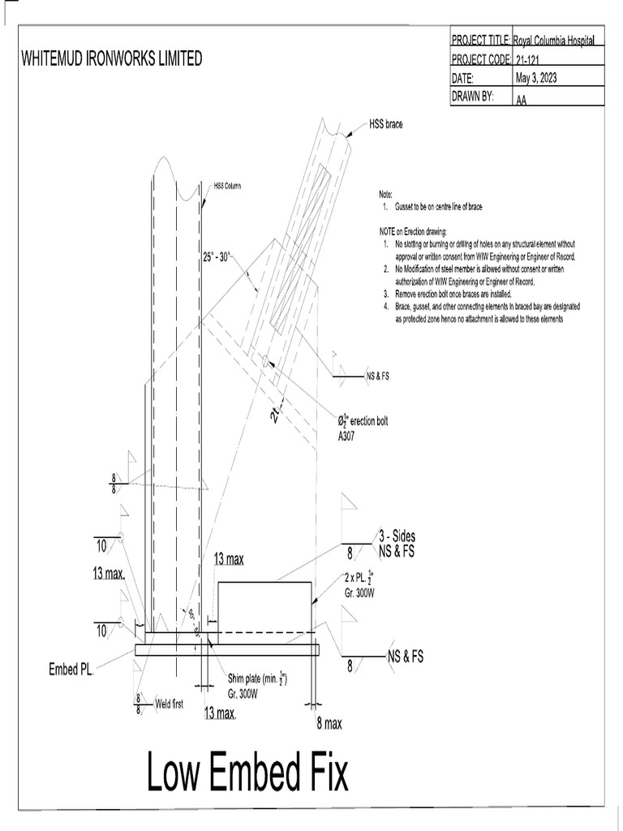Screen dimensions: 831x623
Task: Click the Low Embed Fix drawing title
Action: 247,772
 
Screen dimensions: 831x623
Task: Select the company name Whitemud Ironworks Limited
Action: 111,59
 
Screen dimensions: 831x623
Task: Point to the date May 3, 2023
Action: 535,79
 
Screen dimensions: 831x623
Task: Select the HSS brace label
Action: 385,124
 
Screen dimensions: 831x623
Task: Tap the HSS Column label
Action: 227,186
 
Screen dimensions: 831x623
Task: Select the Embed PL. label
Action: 71,670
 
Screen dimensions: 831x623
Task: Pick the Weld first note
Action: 169,704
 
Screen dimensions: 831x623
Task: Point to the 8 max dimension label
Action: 328,724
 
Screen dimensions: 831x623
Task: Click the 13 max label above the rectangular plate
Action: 229,559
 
